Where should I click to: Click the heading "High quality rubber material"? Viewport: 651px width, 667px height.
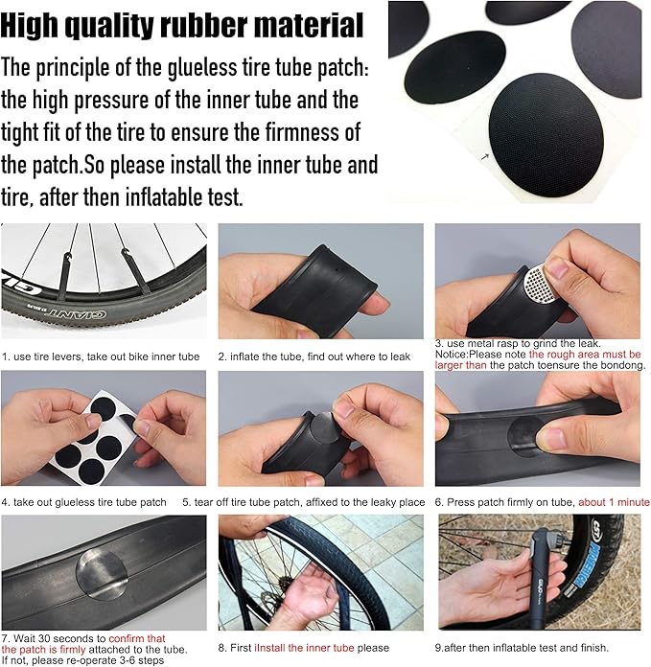tap(182, 25)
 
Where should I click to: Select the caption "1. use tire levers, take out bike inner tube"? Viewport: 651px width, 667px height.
tap(101, 356)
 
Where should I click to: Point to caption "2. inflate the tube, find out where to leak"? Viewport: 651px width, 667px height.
tap(314, 356)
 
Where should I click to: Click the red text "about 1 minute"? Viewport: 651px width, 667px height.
tap(614, 502)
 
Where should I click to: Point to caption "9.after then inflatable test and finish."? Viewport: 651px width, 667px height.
tap(526, 648)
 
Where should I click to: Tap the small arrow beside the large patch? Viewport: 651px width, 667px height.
tap(484, 155)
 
